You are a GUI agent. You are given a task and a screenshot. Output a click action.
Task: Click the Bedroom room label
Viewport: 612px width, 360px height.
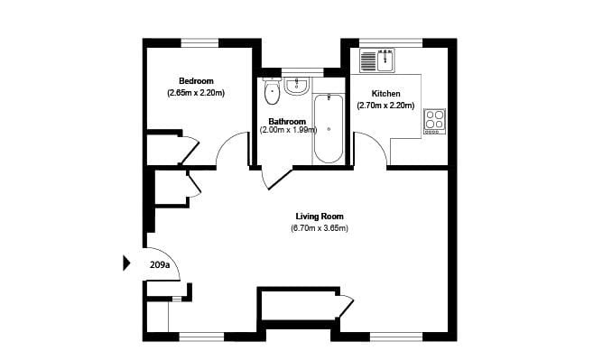tap(196, 81)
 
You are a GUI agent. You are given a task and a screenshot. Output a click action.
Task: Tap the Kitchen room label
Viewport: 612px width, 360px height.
tap(385, 94)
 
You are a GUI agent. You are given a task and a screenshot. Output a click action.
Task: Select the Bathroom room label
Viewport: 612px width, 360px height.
tap(287, 121)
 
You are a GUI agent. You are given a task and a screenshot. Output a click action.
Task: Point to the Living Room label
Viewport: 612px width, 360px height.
tap(320, 217)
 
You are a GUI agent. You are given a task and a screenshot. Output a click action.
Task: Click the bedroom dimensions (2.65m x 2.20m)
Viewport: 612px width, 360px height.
tap(196, 93)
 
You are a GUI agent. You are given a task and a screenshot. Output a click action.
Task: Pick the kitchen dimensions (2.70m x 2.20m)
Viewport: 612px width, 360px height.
tap(385, 106)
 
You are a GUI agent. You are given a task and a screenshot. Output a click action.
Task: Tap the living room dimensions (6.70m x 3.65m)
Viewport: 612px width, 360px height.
tap(320, 228)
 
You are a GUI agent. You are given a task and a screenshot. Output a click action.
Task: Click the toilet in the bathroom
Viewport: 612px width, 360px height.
tap(272, 91)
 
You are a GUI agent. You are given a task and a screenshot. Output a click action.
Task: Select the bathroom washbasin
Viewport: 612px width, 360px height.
tap(297, 86)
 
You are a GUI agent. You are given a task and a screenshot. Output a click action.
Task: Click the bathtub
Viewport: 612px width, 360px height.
tap(329, 129)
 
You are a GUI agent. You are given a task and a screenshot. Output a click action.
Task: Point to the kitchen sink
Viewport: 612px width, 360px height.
tap(377, 60)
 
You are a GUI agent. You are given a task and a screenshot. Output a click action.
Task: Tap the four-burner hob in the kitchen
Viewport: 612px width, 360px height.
tap(434, 122)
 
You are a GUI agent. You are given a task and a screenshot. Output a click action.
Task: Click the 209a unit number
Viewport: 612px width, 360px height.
tap(160, 265)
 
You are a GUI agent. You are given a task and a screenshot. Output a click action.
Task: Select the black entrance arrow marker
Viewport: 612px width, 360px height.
tap(126, 263)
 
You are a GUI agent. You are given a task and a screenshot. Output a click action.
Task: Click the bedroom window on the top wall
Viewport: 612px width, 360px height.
tap(199, 42)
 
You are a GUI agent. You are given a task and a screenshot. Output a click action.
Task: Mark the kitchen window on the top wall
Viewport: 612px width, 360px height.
tap(391, 42)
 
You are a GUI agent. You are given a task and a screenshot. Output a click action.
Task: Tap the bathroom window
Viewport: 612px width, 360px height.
tap(302, 72)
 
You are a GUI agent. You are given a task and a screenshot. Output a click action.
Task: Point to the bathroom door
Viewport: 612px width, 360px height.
tap(280, 179)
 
